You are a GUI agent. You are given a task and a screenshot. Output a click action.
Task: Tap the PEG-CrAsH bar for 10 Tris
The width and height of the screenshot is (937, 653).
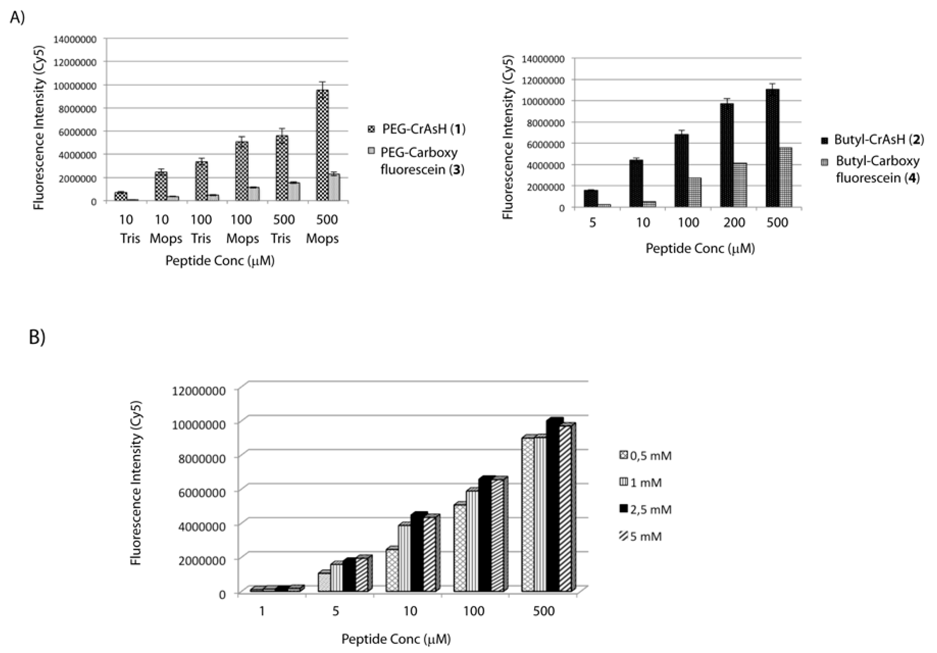121,196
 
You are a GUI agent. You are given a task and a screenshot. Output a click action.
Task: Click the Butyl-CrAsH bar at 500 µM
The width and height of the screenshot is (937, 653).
772,149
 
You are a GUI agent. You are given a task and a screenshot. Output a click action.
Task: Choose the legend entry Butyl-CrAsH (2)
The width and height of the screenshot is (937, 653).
873,140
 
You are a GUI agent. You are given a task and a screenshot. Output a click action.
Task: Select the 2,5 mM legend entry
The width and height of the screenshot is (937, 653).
646,509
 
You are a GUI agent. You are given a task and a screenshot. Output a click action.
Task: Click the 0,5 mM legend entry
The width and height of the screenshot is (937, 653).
646,455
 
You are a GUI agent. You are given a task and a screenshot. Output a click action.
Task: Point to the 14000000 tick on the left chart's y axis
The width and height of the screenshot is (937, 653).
75,39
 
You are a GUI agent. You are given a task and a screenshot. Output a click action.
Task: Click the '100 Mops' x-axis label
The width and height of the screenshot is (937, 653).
242,229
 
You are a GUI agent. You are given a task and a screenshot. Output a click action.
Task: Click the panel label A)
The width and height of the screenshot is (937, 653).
17,17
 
